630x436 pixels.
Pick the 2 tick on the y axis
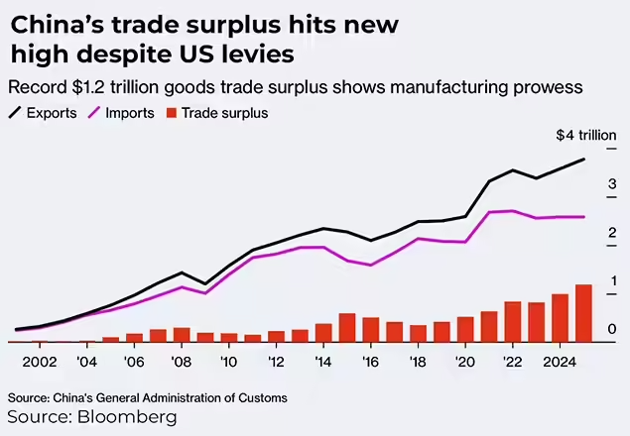pyautogui.click(x=613, y=233)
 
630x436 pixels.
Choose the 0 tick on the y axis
pyautogui.click(x=613, y=330)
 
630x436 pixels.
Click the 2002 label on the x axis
pyautogui.click(x=39, y=363)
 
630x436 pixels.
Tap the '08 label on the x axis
pyautogui.click(x=182, y=363)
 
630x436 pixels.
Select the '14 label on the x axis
pyautogui.click(x=323, y=363)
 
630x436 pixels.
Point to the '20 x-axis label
pyautogui.click(x=465, y=363)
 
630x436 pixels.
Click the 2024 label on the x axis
pyautogui.click(x=562, y=363)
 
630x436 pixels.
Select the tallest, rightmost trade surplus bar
pyautogui.click(x=583, y=313)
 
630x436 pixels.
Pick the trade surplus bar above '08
pyautogui.click(x=182, y=335)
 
